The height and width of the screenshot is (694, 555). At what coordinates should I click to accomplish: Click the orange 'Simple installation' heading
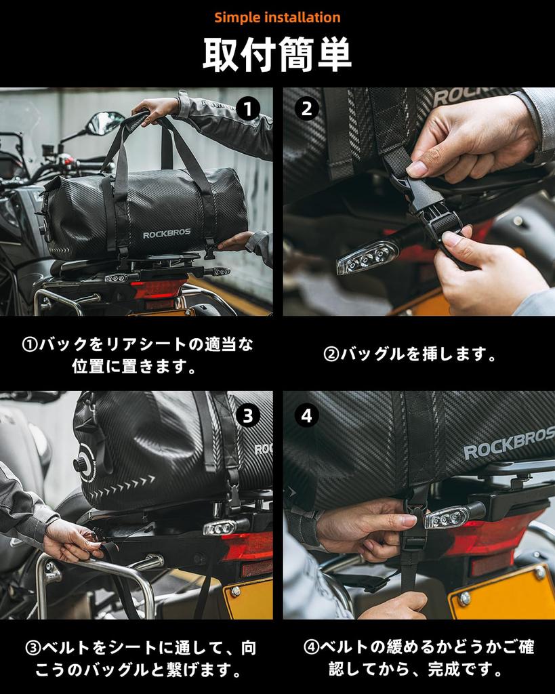pos(278,18)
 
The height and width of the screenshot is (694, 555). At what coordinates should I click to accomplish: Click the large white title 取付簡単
pos(277,54)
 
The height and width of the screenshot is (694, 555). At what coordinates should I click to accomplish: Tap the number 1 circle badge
pos(248,109)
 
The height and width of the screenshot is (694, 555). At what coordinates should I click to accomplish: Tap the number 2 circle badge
pos(307,109)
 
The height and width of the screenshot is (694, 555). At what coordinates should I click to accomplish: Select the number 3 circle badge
pos(248,415)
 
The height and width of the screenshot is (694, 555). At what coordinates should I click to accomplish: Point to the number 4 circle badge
pos(307,415)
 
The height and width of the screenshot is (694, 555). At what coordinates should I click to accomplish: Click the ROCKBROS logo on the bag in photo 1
pos(167,233)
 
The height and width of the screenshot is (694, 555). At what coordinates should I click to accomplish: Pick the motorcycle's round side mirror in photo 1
pos(105,123)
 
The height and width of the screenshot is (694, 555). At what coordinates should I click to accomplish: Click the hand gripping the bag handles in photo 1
pos(156,109)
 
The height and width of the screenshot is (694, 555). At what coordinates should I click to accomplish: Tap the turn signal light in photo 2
pos(367,258)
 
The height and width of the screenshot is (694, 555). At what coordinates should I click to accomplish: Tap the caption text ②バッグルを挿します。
pos(410,354)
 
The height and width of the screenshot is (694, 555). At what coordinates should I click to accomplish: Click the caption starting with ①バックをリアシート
pos(137,355)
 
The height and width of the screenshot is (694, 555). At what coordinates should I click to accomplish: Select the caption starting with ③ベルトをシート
pos(140,659)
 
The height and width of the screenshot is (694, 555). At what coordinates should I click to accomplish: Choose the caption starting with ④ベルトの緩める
pos(419,658)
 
